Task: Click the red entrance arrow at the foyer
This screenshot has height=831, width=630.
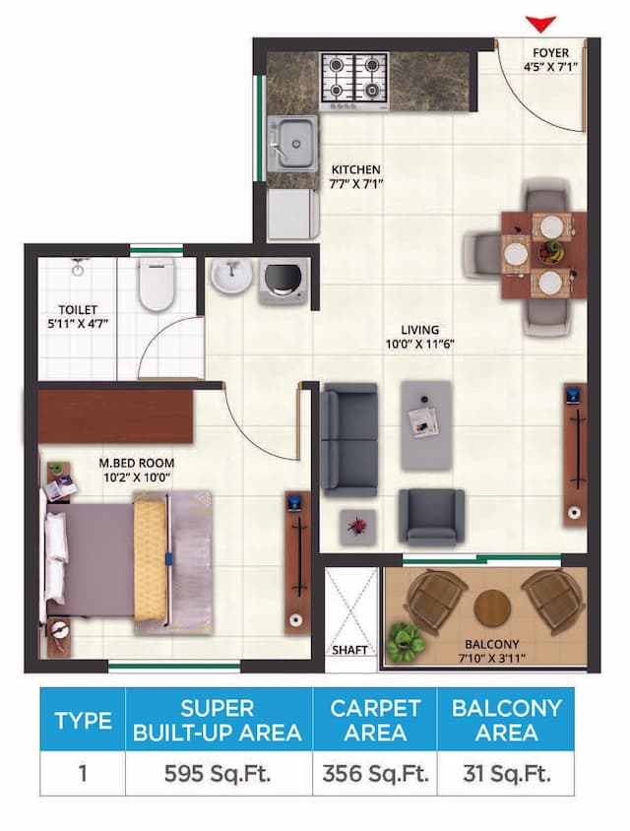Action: coord(541,23)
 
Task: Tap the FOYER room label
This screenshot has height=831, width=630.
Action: coord(551,52)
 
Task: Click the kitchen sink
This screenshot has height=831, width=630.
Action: coord(292,145)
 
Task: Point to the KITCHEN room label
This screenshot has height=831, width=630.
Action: coord(355,169)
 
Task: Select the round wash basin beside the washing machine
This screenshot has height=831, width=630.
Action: coord(230,276)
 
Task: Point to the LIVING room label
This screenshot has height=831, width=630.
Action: coord(419,330)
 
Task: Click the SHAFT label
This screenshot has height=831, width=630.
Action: coord(349,651)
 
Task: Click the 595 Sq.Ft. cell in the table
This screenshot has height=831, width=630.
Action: coord(218,773)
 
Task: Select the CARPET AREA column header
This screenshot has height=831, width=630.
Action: coord(375,720)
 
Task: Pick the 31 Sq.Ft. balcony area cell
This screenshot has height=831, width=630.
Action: coord(506,773)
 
